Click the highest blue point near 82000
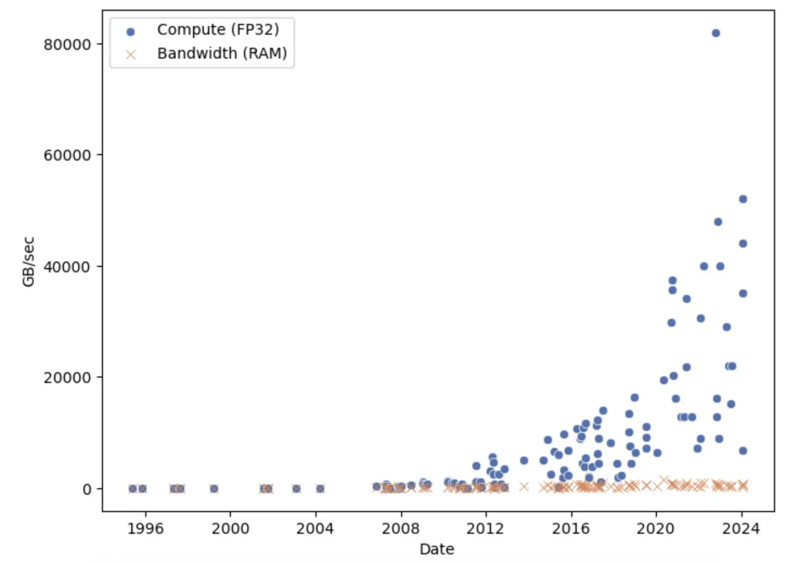point(715,33)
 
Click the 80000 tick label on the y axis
point(67,44)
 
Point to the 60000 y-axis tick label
point(67,155)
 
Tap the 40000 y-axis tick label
point(67,266)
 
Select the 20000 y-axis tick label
point(67,378)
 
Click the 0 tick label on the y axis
point(87,489)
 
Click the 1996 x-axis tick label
point(145,528)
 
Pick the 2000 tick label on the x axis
point(230,528)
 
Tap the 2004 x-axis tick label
point(315,528)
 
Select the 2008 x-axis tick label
point(401,528)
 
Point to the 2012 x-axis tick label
point(486,528)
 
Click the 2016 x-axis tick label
point(571,528)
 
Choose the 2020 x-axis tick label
point(656,528)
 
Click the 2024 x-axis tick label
point(741,528)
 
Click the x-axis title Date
point(437,549)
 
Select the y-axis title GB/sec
point(28,261)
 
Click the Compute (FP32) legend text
point(218,29)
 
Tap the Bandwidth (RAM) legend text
point(222,53)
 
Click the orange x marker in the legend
point(130,54)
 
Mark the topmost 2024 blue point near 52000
point(743,199)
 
